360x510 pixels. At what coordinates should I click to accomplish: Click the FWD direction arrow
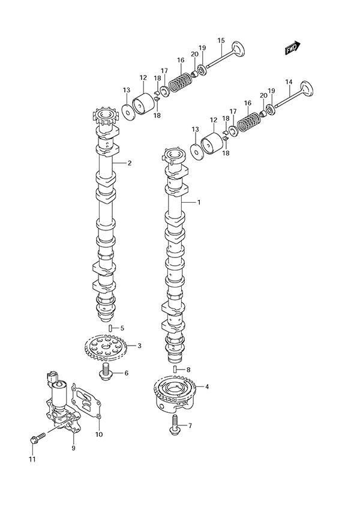point(293,48)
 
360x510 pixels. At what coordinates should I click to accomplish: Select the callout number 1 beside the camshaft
point(199,203)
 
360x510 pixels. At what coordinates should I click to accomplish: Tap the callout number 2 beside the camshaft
point(129,163)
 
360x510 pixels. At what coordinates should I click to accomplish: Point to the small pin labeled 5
point(112,328)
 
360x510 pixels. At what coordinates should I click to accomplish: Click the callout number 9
point(73,448)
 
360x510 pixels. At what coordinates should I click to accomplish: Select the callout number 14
point(289,82)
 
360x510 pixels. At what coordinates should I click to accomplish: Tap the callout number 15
point(221,41)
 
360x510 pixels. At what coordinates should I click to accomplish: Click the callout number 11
point(32,460)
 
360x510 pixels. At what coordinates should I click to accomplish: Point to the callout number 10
point(98,434)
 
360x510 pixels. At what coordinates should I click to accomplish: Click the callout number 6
point(126,373)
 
